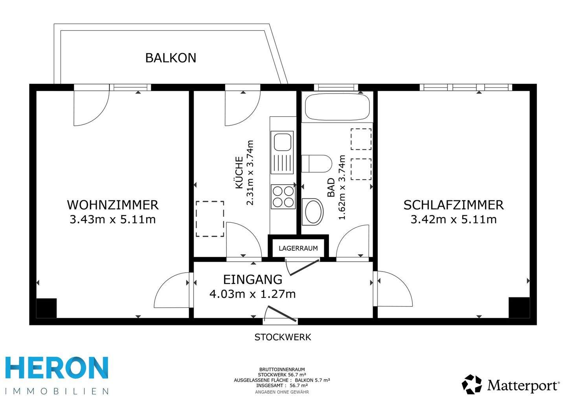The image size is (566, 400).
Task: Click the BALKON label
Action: point(171,58)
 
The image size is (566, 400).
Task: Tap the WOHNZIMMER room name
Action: point(112,205)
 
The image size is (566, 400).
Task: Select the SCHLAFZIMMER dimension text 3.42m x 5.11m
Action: point(453,219)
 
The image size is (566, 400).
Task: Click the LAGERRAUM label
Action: point(298,248)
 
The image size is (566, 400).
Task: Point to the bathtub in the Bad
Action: point(337,106)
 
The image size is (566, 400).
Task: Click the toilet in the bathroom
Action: point(317,163)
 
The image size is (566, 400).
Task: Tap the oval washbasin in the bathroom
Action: point(312,212)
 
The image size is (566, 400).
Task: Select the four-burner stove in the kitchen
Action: point(283,196)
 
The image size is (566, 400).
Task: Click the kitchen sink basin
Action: point(282,141)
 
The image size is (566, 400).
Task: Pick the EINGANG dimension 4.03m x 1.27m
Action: point(252,294)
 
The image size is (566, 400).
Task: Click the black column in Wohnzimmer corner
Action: point(46,308)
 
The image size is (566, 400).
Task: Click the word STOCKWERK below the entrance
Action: point(283,337)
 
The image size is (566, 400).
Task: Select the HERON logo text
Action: point(57,368)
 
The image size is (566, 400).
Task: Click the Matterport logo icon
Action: point(472,384)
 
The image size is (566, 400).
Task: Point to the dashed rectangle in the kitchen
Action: point(210,219)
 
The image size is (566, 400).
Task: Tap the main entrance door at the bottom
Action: point(280,316)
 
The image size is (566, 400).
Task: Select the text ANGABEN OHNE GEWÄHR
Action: point(282,392)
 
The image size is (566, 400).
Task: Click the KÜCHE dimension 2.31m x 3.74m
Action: point(250,173)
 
